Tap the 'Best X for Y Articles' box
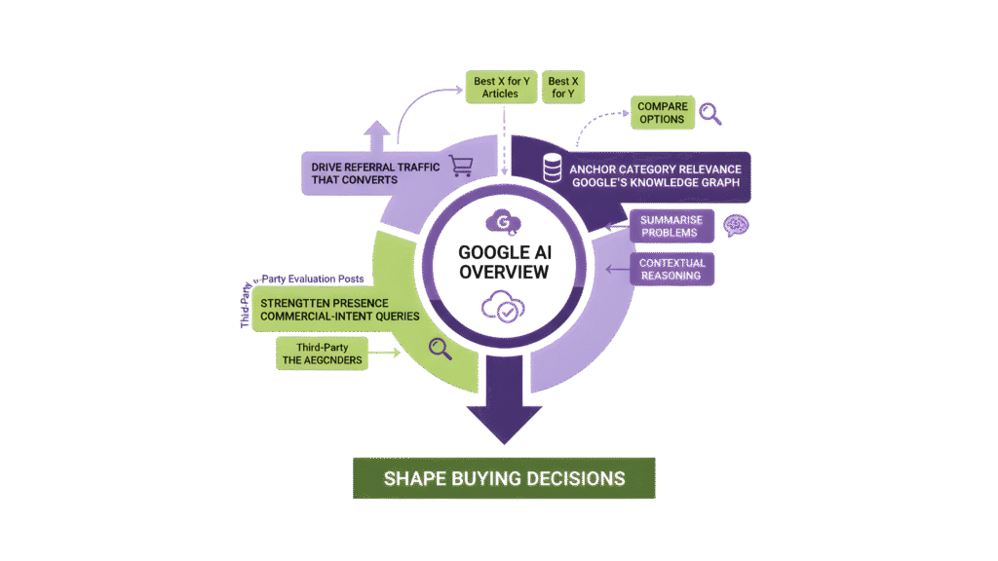(500, 88)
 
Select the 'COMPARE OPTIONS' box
(663, 113)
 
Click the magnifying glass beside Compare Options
(711, 114)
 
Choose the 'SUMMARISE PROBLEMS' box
(672, 226)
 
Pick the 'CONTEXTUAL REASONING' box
(672, 270)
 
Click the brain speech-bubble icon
(735, 227)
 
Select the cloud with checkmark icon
(504, 310)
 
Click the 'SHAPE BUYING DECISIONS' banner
(504, 478)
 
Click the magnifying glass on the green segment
(439, 348)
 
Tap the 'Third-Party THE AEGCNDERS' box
(322, 353)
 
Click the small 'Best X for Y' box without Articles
(563, 88)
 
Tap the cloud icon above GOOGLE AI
(504, 221)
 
